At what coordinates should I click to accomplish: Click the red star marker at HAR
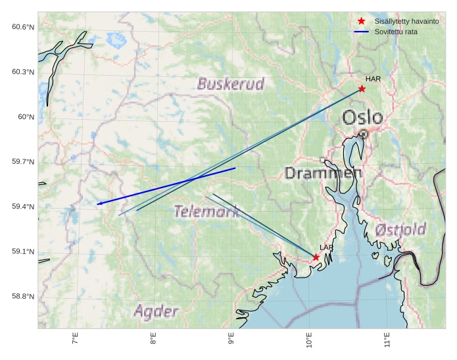pos(362,88)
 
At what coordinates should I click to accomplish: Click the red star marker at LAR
pos(316,257)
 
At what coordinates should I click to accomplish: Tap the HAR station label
pos(373,79)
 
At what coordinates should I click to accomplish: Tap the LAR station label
pos(327,247)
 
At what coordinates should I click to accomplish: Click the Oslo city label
pos(362,118)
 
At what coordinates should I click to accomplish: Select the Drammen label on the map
pos(323,173)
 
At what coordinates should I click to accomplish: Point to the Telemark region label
pos(206,211)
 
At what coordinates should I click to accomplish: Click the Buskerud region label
pos(231,84)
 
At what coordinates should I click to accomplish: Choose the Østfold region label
pos(401,230)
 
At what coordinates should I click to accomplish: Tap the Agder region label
pos(156,311)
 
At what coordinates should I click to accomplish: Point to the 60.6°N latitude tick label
pos(23,27)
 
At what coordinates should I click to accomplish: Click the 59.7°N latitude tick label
pos(23,162)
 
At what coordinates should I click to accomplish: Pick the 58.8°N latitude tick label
pos(23,297)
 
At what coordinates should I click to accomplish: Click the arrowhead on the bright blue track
pos(99,204)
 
